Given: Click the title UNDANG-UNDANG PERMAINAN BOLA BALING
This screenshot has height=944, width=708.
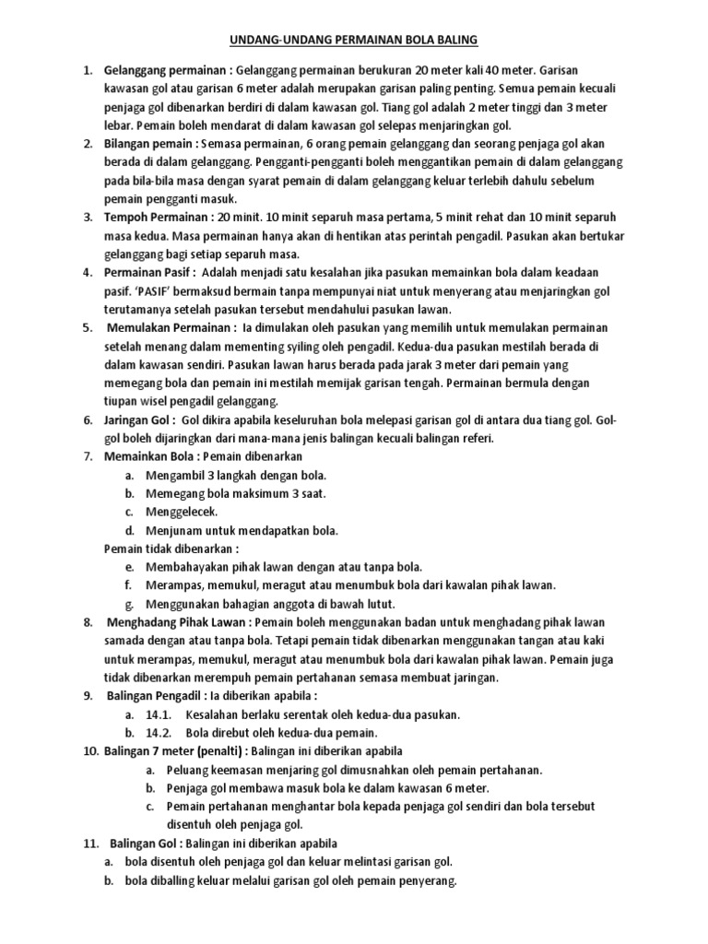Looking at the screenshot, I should [353, 41].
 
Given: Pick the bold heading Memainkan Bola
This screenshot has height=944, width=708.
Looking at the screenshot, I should [152, 456].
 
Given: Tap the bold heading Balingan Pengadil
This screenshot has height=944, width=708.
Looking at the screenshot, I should [160, 696].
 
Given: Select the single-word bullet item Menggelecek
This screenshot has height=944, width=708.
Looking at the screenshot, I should [181, 512].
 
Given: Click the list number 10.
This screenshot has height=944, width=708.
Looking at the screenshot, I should [90, 751].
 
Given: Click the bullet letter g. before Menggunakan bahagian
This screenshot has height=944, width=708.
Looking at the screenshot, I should [131, 604].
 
